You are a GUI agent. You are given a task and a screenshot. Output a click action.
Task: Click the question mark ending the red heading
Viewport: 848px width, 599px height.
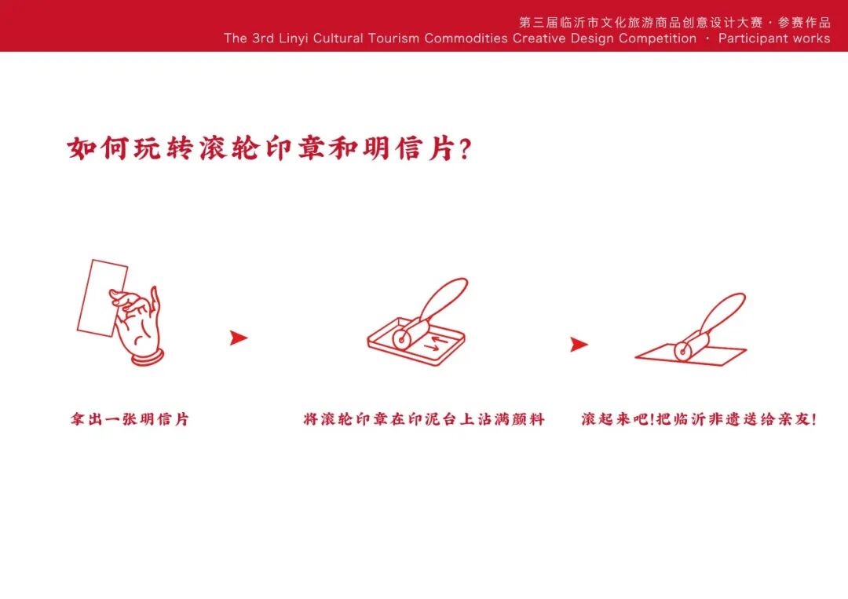click(464, 149)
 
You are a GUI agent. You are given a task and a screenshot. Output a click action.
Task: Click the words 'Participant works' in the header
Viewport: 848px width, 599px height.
click(773, 38)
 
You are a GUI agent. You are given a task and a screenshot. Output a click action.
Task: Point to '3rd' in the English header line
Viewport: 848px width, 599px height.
click(263, 38)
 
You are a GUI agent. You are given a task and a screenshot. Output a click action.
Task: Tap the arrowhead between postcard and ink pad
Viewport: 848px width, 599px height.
click(238, 338)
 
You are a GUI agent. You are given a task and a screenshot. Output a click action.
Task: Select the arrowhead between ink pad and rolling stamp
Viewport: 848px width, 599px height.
click(579, 344)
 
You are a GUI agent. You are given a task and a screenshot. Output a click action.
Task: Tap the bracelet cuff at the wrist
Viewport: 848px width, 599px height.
click(148, 358)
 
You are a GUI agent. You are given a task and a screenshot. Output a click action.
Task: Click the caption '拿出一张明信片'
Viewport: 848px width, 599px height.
click(130, 420)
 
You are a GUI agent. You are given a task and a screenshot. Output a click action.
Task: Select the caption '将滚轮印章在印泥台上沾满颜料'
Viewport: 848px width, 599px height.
click(424, 420)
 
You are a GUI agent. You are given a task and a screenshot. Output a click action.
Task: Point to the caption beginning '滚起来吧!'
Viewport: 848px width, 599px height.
click(698, 420)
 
